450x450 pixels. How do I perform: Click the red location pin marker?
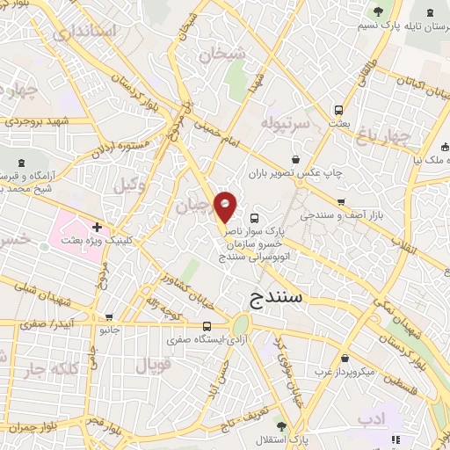pos(226,207)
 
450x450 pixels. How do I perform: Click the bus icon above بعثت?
pos(338,111)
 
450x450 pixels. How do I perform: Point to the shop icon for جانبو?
pos(108,317)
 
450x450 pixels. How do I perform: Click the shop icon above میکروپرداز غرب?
pos(346,359)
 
